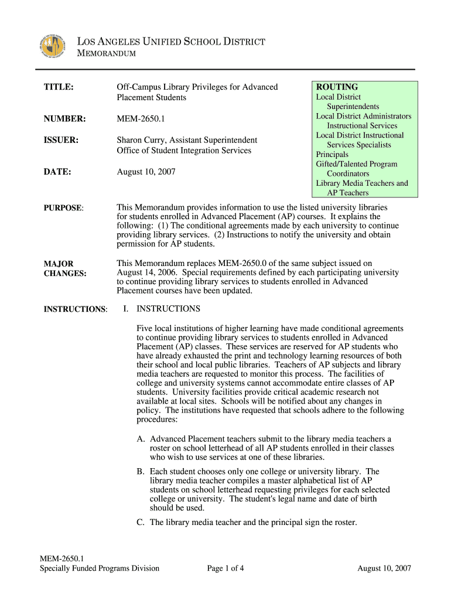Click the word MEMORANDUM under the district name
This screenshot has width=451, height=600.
pos(107,54)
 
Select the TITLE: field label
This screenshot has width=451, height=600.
pos(59,87)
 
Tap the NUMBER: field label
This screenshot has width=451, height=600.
pos(64,120)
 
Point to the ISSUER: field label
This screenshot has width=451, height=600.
pos(61,140)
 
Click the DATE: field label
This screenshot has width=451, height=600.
pos(57,172)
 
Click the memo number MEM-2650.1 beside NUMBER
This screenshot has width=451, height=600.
pos(141,120)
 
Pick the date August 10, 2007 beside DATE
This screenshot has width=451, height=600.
pos(146,172)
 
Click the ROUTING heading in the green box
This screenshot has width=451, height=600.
pos(337,87)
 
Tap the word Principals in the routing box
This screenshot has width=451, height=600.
pos(333,155)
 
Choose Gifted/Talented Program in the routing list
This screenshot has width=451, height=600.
pos(357,164)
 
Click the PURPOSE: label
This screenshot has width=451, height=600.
pos(63,208)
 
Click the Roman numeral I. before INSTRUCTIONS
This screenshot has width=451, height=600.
pos(126,309)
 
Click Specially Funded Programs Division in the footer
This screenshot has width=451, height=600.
pos(100,568)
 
